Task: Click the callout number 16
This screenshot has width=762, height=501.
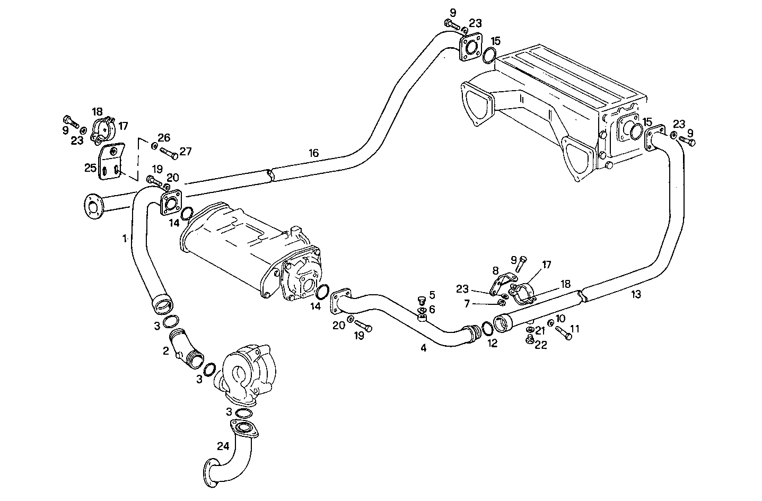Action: click(313, 153)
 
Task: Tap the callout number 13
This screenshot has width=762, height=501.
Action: click(636, 295)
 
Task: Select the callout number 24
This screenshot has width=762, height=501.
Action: click(223, 445)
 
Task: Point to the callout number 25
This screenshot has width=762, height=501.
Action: click(90, 168)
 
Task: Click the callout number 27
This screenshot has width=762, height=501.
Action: click(185, 151)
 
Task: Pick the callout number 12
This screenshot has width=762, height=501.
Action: click(492, 344)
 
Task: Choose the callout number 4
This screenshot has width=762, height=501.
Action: click(423, 348)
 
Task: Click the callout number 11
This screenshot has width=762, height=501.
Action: click(575, 329)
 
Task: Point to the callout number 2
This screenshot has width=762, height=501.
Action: click(165, 350)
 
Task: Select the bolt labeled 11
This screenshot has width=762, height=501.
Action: click(564, 333)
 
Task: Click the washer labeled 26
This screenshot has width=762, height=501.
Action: click(154, 145)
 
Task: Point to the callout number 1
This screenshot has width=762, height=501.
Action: click(125, 239)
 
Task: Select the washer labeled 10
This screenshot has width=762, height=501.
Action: click(550, 323)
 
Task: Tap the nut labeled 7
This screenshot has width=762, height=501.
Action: click(501, 303)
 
